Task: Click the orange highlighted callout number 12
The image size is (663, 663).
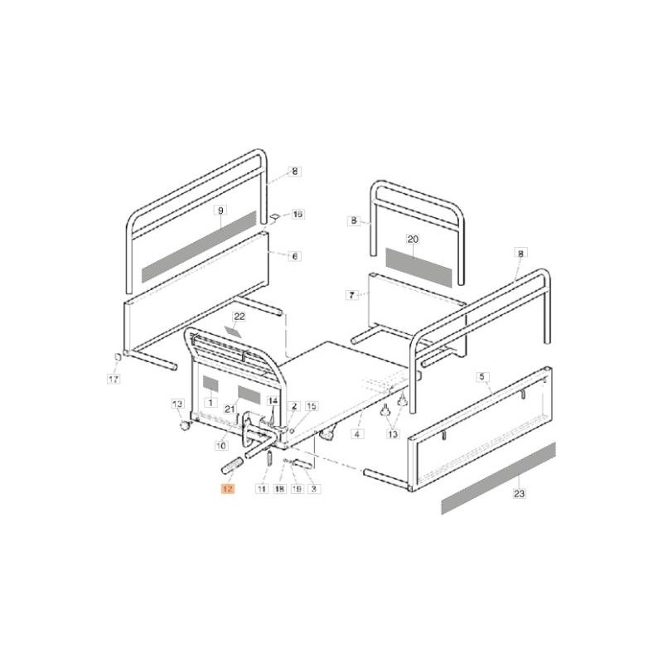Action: click(227, 490)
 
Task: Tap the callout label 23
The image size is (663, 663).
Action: click(520, 495)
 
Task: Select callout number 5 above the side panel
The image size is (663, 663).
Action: click(482, 376)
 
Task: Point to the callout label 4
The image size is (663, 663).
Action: click(357, 433)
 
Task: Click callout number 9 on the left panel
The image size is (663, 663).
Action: click(220, 211)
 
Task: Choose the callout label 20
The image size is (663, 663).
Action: click(414, 239)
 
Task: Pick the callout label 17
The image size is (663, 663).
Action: click(114, 379)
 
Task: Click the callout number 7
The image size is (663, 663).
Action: click(351, 294)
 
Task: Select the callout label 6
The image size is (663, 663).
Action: click(294, 257)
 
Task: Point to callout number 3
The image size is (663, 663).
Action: click(314, 490)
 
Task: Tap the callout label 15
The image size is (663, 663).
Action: click(312, 406)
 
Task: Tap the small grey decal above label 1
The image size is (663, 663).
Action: click(210, 385)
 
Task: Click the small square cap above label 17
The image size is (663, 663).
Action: click(118, 357)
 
